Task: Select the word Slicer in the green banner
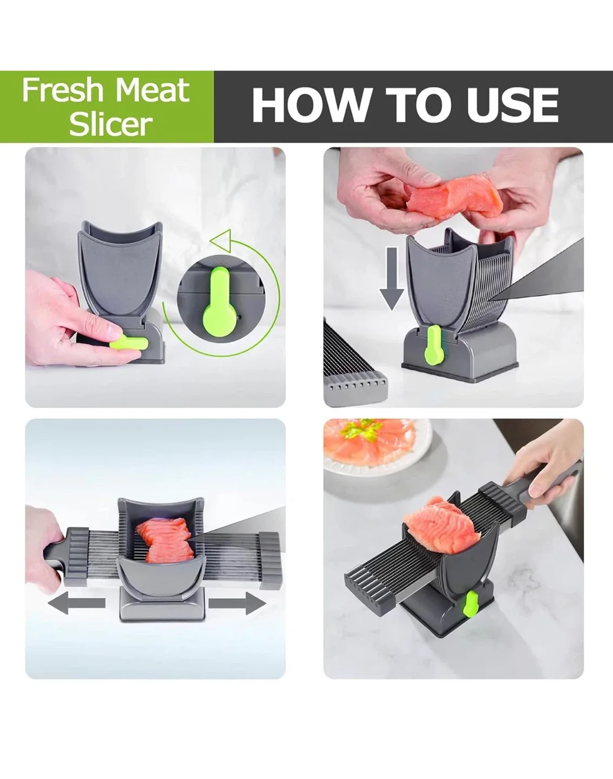tap(110, 124)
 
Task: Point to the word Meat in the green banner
tap(153, 90)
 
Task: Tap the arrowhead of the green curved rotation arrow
tap(220, 239)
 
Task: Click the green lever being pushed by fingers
tap(128, 343)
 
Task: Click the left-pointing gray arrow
tap(75, 603)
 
